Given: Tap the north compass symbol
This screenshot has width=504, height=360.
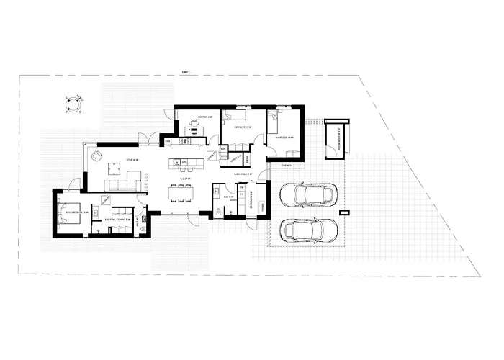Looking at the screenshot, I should (x=72, y=104).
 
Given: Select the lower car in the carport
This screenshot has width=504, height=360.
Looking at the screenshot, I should (x=307, y=230).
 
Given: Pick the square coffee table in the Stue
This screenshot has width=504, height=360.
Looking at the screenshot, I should (x=112, y=168).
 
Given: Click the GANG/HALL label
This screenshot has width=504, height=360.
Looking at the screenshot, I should (x=242, y=174).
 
